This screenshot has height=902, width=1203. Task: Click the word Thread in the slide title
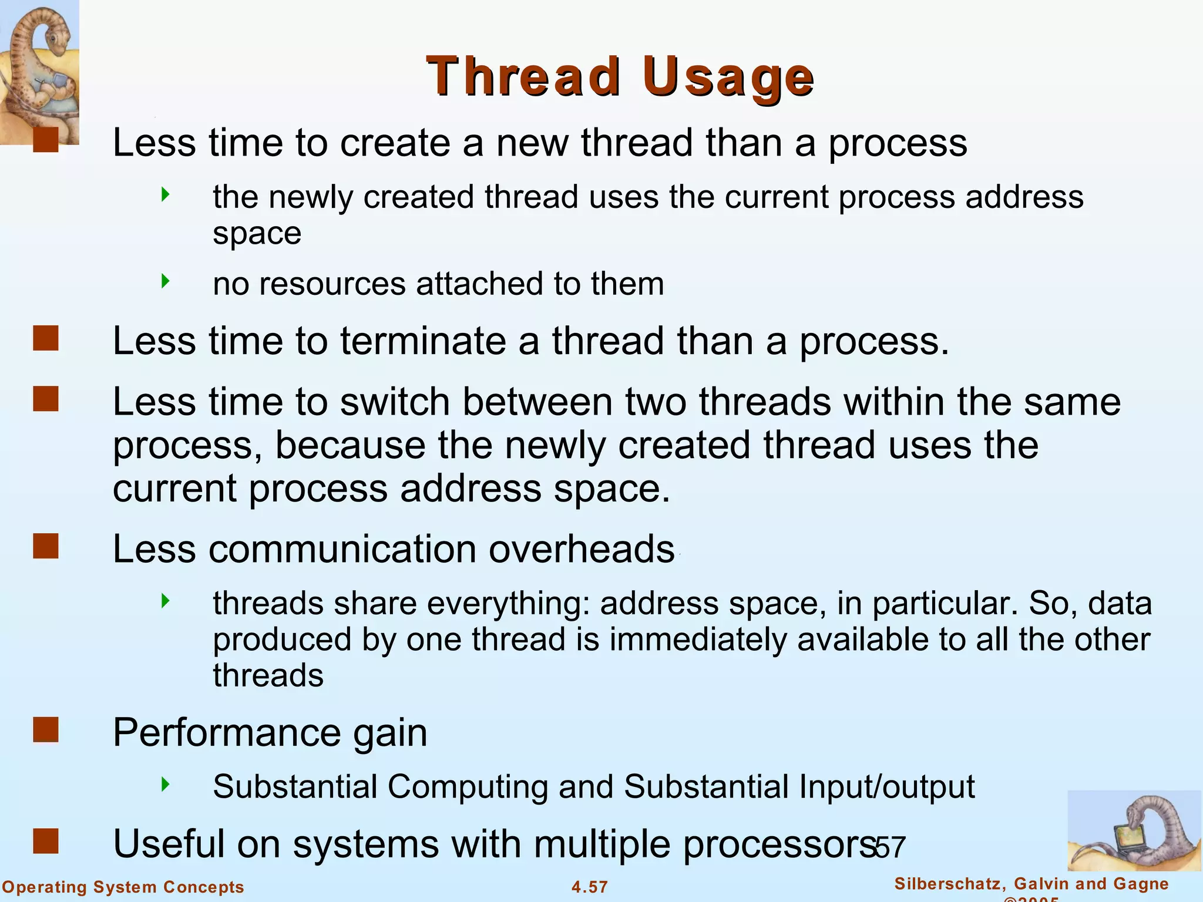coord(523,76)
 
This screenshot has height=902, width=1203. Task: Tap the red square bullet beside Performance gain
coord(46,730)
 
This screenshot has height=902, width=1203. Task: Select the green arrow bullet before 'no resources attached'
coord(166,281)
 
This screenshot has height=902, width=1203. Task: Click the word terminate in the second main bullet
coord(422,341)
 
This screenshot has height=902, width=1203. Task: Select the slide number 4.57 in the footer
coord(590,887)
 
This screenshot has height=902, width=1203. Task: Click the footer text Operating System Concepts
coord(123,887)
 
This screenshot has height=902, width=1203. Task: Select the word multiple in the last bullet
coord(601,844)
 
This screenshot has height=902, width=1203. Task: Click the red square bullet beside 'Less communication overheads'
coord(46,546)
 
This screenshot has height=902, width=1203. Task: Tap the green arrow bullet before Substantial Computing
coord(166,784)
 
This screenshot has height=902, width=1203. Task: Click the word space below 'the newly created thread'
coord(257,234)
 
